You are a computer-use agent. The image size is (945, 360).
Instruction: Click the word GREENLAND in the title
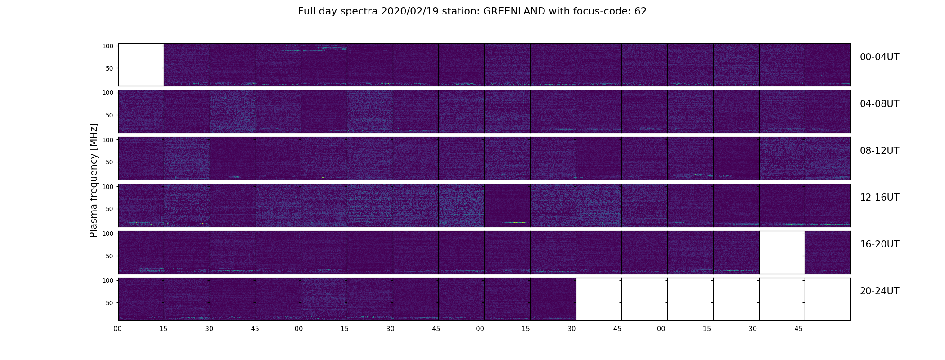[x=514, y=11]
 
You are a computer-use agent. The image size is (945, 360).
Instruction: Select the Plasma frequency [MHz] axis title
[x=94, y=180]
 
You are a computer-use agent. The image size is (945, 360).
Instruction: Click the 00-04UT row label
[x=879, y=57]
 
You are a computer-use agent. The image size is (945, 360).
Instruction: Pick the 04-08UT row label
[x=879, y=104]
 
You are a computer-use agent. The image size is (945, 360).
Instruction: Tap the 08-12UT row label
[x=879, y=151]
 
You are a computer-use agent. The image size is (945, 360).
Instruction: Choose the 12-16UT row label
[x=879, y=198]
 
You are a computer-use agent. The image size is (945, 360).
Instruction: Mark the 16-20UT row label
[x=879, y=244]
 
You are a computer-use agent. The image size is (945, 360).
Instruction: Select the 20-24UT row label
[x=879, y=291]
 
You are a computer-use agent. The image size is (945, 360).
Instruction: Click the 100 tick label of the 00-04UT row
[x=108, y=46]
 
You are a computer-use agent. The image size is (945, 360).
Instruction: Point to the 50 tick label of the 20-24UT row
[x=109, y=303]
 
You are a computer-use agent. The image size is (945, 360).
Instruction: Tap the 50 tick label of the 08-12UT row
[x=109, y=162]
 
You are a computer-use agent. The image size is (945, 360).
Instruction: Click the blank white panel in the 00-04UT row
[x=141, y=65]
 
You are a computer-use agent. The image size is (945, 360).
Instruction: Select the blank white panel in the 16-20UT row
[x=782, y=252]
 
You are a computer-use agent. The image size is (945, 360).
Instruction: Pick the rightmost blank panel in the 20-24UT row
[x=828, y=299]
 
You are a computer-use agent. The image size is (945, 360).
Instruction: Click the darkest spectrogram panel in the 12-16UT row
[x=507, y=206]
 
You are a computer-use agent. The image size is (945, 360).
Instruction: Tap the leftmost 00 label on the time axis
[x=117, y=329]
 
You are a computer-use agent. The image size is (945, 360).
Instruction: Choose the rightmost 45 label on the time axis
[x=798, y=329]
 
